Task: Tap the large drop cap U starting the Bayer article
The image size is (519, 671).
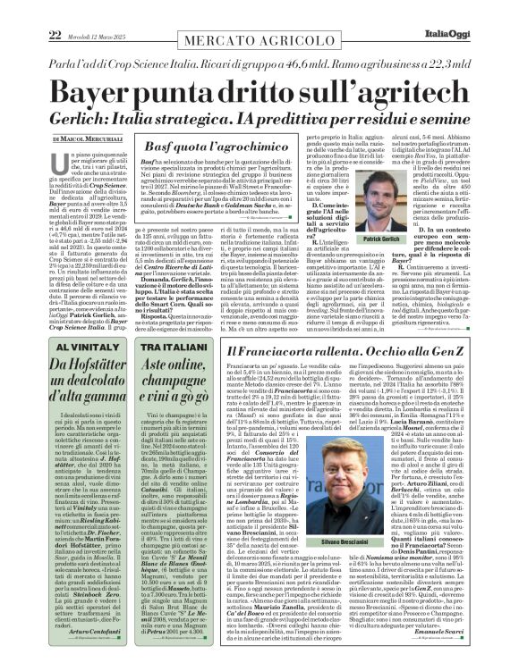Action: [63, 167]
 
